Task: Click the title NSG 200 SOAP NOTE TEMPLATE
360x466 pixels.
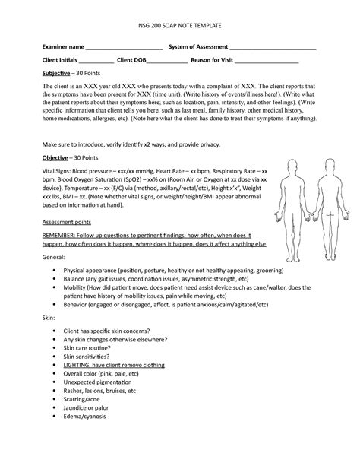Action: pyautogui.click(x=179, y=26)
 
